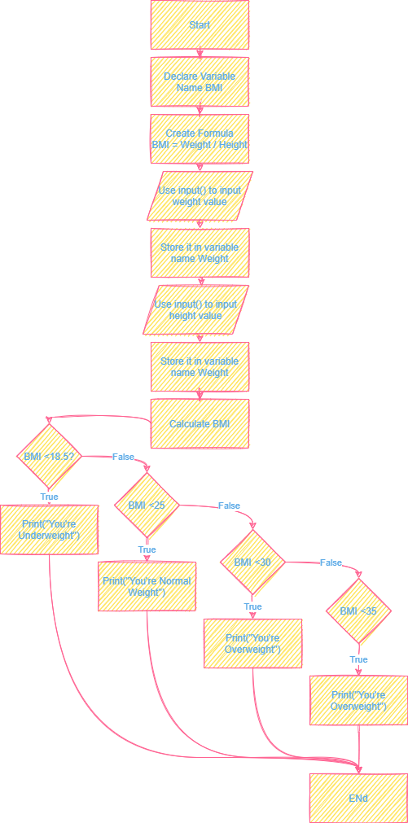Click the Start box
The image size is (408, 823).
click(200, 25)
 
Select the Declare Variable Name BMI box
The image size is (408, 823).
click(200, 81)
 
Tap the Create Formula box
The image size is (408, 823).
click(200, 138)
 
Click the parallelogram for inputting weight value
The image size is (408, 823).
click(200, 195)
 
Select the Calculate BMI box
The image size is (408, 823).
click(200, 423)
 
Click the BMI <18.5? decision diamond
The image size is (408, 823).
click(49, 457)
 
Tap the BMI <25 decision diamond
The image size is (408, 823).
click(147, 506)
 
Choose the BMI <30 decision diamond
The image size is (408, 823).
click(252, 563)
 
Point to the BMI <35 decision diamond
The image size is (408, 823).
click(358, 611)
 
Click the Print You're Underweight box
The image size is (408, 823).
click(49, 530)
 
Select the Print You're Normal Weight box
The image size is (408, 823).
click(147, 586)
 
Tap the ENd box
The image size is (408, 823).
click(358, 798)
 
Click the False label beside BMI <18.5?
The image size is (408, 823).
click(123, 457)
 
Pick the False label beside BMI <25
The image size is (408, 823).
click(229, 506)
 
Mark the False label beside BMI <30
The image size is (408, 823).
click(331, 563)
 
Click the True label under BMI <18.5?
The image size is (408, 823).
click(49, 497)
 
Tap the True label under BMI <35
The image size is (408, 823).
click(358, 659)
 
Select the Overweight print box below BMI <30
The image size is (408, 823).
click(252, 643)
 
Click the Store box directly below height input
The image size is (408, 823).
click(200, 366)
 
